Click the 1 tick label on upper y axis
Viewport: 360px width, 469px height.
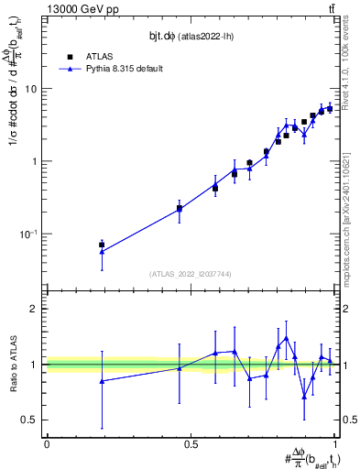pos(37,161)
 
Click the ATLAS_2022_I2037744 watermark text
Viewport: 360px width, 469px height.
pos(191,274)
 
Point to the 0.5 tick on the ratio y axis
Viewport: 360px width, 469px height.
pos(32,420)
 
